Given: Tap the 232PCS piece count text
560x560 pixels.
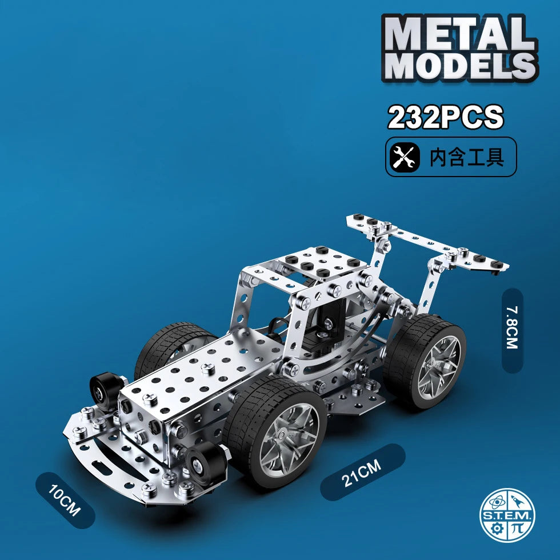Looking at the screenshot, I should [446, 117].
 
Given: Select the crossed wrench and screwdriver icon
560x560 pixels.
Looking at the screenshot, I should [405, 157].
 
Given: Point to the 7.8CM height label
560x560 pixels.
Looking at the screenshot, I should [511, 330].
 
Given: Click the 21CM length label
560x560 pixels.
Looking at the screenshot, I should [362, 472].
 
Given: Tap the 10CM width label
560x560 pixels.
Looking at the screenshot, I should [65, 499].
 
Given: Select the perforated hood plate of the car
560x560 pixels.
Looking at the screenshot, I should [200, 377].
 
